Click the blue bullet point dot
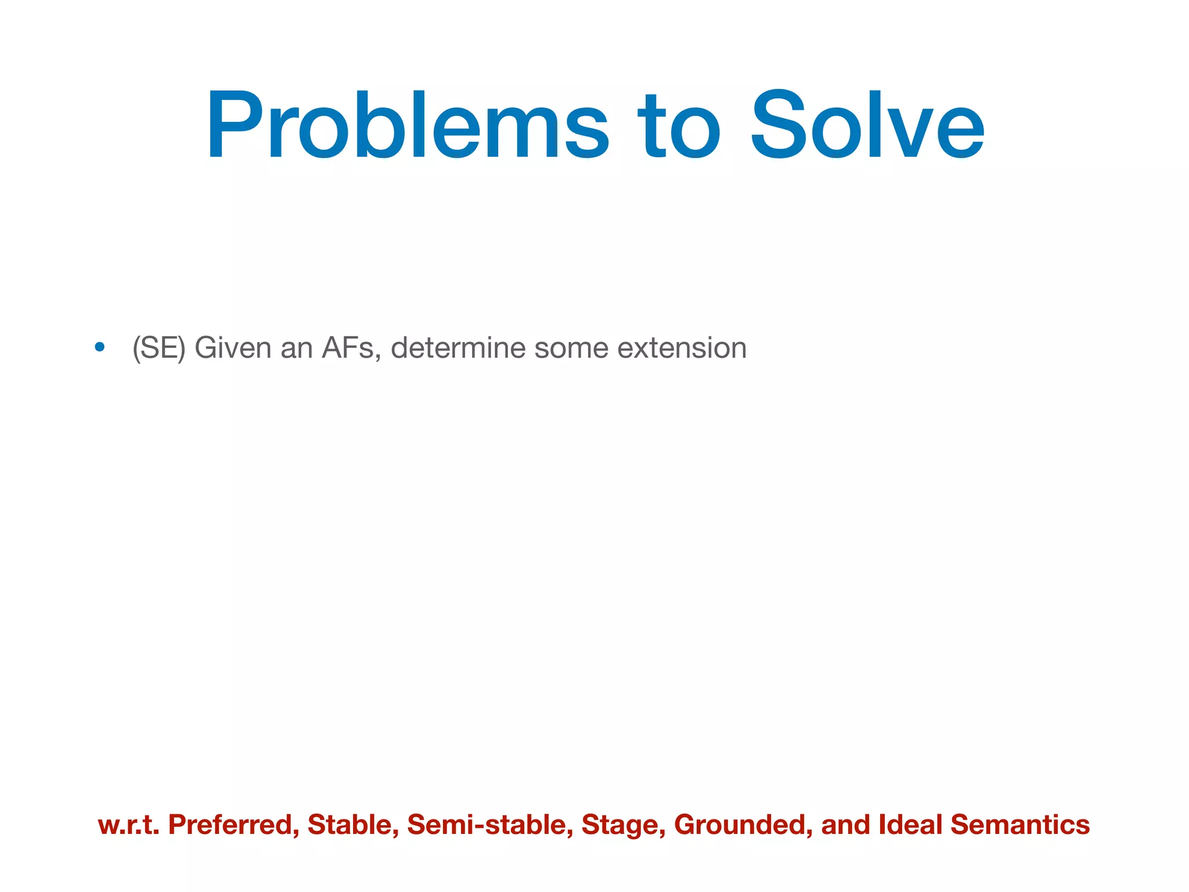(100, 347)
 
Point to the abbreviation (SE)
(158, 348)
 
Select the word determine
(458, 348)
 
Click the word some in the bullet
(571, 348)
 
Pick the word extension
(682, 348)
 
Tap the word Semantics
(1020, 825)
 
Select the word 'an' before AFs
(296, 348)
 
